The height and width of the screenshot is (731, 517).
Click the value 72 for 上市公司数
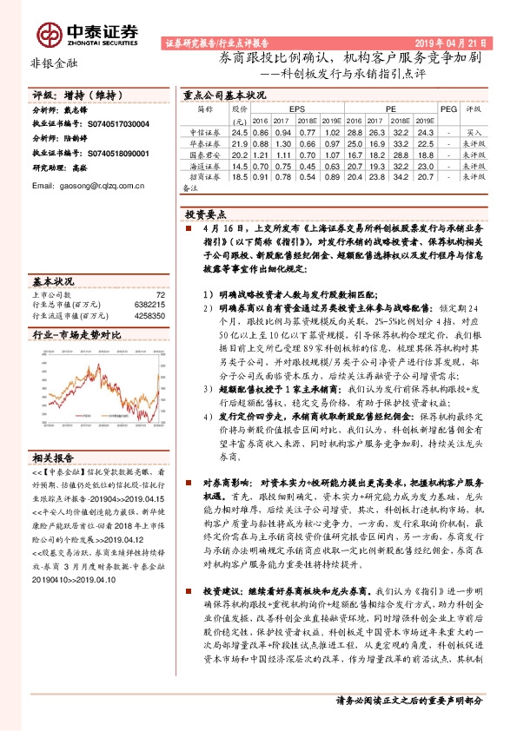(160, 294)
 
